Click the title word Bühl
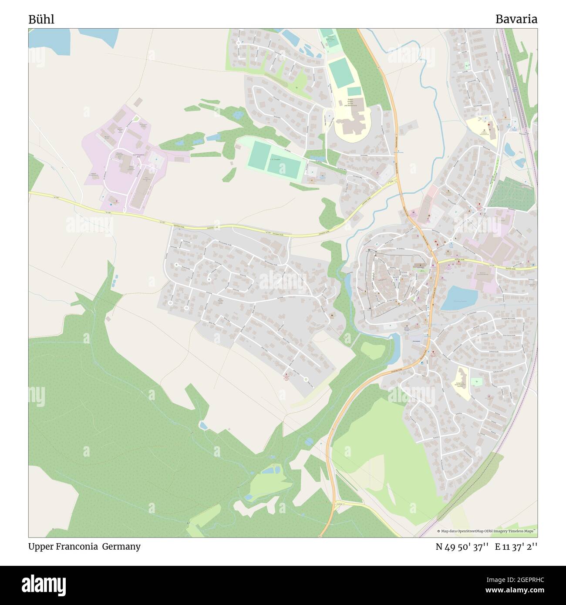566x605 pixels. [41, 19]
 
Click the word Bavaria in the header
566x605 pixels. [516, 19]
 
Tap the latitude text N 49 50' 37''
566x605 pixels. [462, 547]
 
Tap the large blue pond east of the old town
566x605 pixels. [458, 299]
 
